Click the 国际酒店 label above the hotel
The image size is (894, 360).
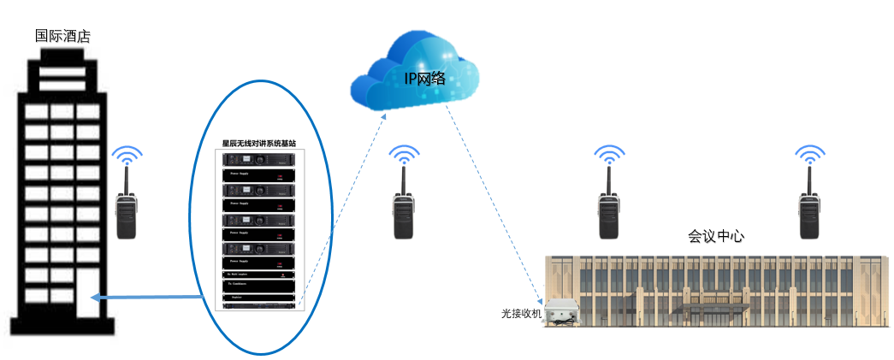pos(62,37)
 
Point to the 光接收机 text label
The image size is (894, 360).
pos(521,314)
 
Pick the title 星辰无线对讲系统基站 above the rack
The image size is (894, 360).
pos(259,144)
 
